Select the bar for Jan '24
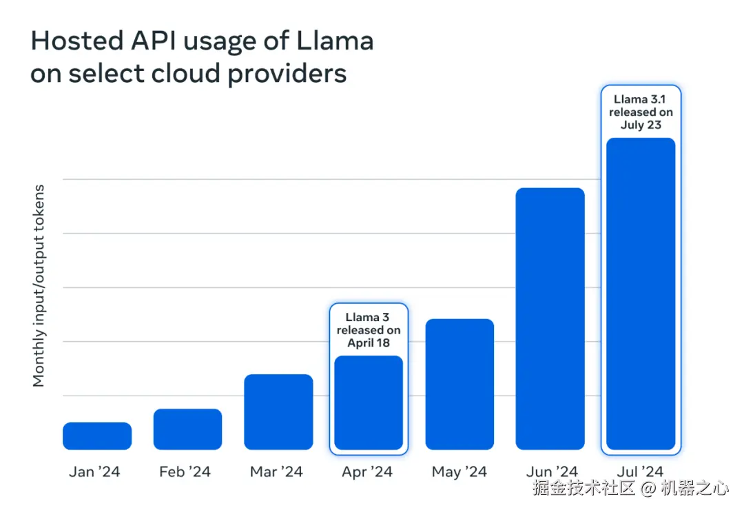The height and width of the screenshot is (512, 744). tap(97, 436)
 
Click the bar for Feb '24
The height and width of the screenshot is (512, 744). tap(187, 429)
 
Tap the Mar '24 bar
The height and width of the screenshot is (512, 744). tap(278, 412)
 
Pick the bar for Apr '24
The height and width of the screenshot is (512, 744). tap(369, 402)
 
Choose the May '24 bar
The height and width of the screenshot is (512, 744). tap(459, 385)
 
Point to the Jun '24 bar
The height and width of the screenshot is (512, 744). tap(550, 319)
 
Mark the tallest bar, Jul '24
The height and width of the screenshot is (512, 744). tap(641, 294)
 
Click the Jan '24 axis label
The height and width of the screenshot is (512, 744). tap(94, 472)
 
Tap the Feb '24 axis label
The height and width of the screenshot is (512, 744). tap(185, 472)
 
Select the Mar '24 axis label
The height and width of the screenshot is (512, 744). tap(276, 472)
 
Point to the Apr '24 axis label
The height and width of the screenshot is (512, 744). tap(367, 472)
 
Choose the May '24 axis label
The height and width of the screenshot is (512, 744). tap(459, 472)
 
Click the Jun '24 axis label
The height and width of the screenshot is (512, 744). tap(551, 472)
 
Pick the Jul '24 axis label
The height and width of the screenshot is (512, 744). tap(641, 472)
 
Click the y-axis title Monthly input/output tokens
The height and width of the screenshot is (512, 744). tap(39, 285)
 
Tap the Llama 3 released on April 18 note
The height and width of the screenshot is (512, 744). tap(369, 330)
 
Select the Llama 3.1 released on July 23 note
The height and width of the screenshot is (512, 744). tap(641, 112)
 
